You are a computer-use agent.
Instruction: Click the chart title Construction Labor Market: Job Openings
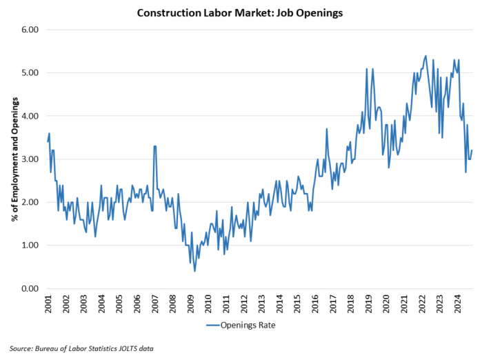pos(241,12)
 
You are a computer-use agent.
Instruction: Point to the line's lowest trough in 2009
pos(194,271)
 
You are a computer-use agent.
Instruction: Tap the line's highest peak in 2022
pos(426,56)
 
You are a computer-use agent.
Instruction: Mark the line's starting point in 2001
pos(48,141)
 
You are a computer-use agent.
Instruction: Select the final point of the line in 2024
pos(472,151)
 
